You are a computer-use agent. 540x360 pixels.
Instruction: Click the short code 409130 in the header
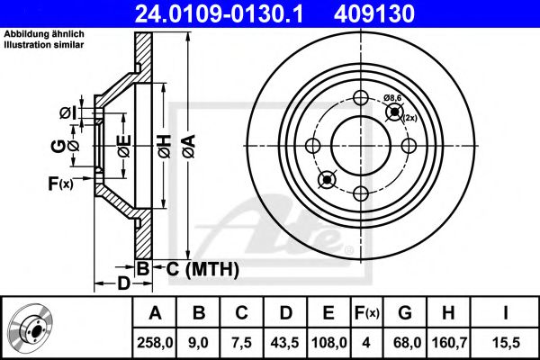400,13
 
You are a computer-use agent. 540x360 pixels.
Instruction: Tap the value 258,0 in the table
155,342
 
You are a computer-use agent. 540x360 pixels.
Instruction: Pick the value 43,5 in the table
287,342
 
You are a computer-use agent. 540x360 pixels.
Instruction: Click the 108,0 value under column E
329,342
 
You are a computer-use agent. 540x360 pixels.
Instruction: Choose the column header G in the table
405,314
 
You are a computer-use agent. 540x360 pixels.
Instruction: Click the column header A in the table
155,314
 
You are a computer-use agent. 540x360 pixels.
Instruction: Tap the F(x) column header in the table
367,314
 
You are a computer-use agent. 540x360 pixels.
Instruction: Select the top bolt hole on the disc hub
360,100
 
